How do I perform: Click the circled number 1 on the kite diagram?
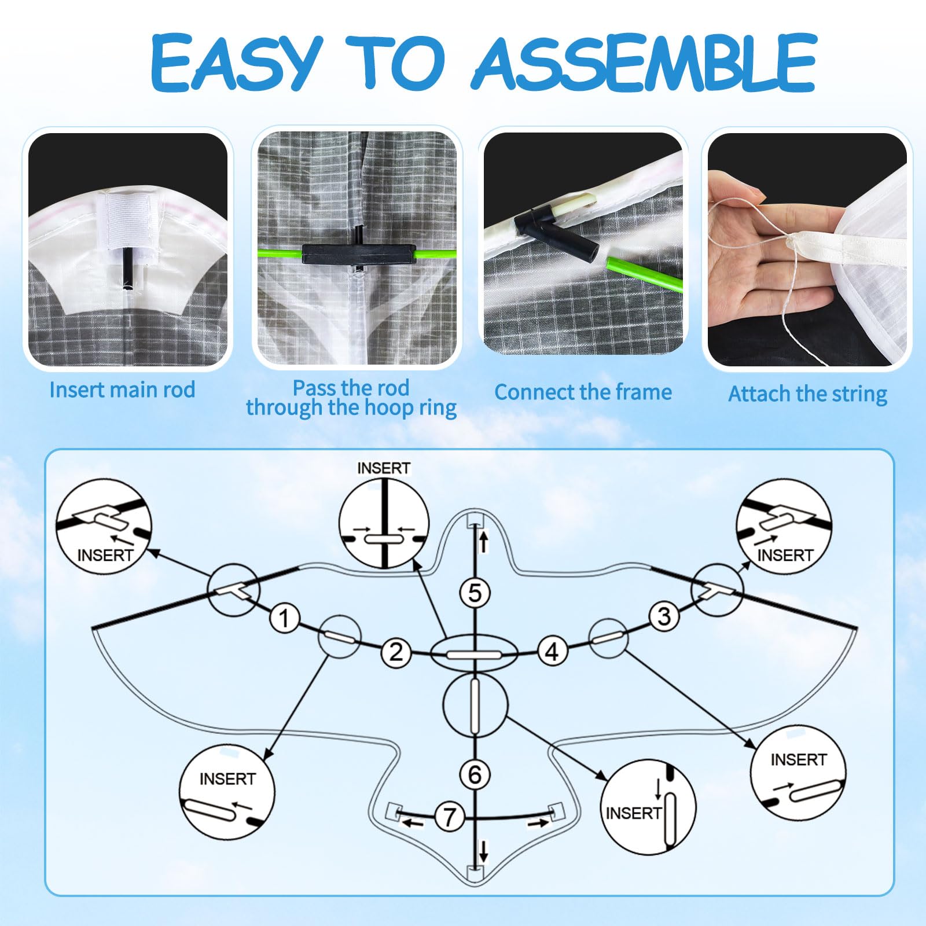click(284, 618)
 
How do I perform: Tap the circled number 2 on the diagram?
click(396, 653)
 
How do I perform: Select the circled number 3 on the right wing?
click(664, 616)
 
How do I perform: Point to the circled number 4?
click(552, 652)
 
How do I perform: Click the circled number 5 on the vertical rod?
click(475, 593)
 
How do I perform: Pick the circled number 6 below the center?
click(475, 774)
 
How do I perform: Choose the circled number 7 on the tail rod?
click(449, 817)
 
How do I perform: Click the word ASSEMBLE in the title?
click(645, 63)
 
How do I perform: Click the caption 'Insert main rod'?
click(122, 389)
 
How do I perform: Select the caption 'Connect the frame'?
click(583, 392)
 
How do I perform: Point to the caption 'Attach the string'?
click(807, 394)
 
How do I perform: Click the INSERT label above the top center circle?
click(384, 468)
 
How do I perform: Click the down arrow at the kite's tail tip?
click(484, 851)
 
